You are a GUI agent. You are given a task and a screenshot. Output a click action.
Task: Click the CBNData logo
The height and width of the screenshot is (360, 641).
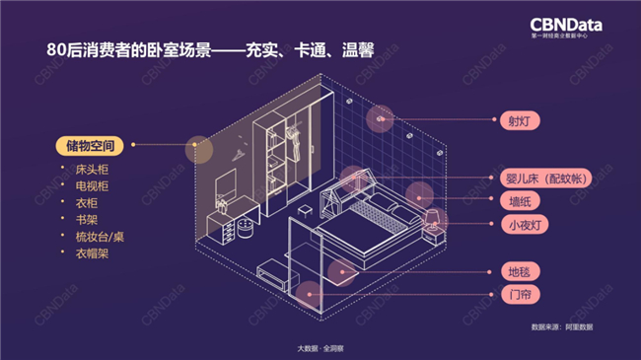coord(566,28)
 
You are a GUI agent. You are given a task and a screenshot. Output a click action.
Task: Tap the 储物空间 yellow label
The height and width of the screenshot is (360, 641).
coord(90,146)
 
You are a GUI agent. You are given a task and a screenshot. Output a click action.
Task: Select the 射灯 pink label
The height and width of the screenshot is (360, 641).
coord(520,120)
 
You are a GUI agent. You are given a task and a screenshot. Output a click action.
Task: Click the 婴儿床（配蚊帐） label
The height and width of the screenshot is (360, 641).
coord(545,179)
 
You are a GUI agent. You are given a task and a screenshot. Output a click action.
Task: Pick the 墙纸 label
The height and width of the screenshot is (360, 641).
coord(520,201)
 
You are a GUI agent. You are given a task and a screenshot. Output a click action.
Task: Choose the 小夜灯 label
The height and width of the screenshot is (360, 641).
coord(525,225)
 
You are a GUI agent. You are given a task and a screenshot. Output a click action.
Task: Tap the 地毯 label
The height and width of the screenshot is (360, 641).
coord(520,271)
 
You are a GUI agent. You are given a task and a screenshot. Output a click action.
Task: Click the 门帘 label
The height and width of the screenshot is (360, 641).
coord(520,294)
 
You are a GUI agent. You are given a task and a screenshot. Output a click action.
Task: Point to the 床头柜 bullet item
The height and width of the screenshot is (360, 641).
coord(92,170)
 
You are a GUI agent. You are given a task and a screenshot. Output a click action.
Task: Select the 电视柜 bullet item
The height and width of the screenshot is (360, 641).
coord(92,186)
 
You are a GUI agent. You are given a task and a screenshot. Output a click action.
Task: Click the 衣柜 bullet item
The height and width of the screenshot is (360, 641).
coord(86,203)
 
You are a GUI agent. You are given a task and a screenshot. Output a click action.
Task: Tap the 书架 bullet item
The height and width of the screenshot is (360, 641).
coord(86,220)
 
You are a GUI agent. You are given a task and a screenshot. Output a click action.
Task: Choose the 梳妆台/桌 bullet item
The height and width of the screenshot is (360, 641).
coord(100,237)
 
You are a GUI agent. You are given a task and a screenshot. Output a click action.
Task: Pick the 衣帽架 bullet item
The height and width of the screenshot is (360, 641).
coord(92,253)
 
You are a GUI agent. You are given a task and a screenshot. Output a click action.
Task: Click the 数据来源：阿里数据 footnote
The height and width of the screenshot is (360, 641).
coord(562,326)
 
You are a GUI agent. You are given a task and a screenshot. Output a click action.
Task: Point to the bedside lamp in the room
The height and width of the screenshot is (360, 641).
coord(432,219)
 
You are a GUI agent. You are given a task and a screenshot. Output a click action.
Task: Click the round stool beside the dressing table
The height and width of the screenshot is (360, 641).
coord(245,228)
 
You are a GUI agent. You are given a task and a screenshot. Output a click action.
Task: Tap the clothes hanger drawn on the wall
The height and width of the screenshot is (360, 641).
coord(238,155)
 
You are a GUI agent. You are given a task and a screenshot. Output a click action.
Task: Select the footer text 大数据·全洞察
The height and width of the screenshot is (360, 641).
coord(320,348)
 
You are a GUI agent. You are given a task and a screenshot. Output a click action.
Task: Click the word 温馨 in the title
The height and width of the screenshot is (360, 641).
coord(358,50)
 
